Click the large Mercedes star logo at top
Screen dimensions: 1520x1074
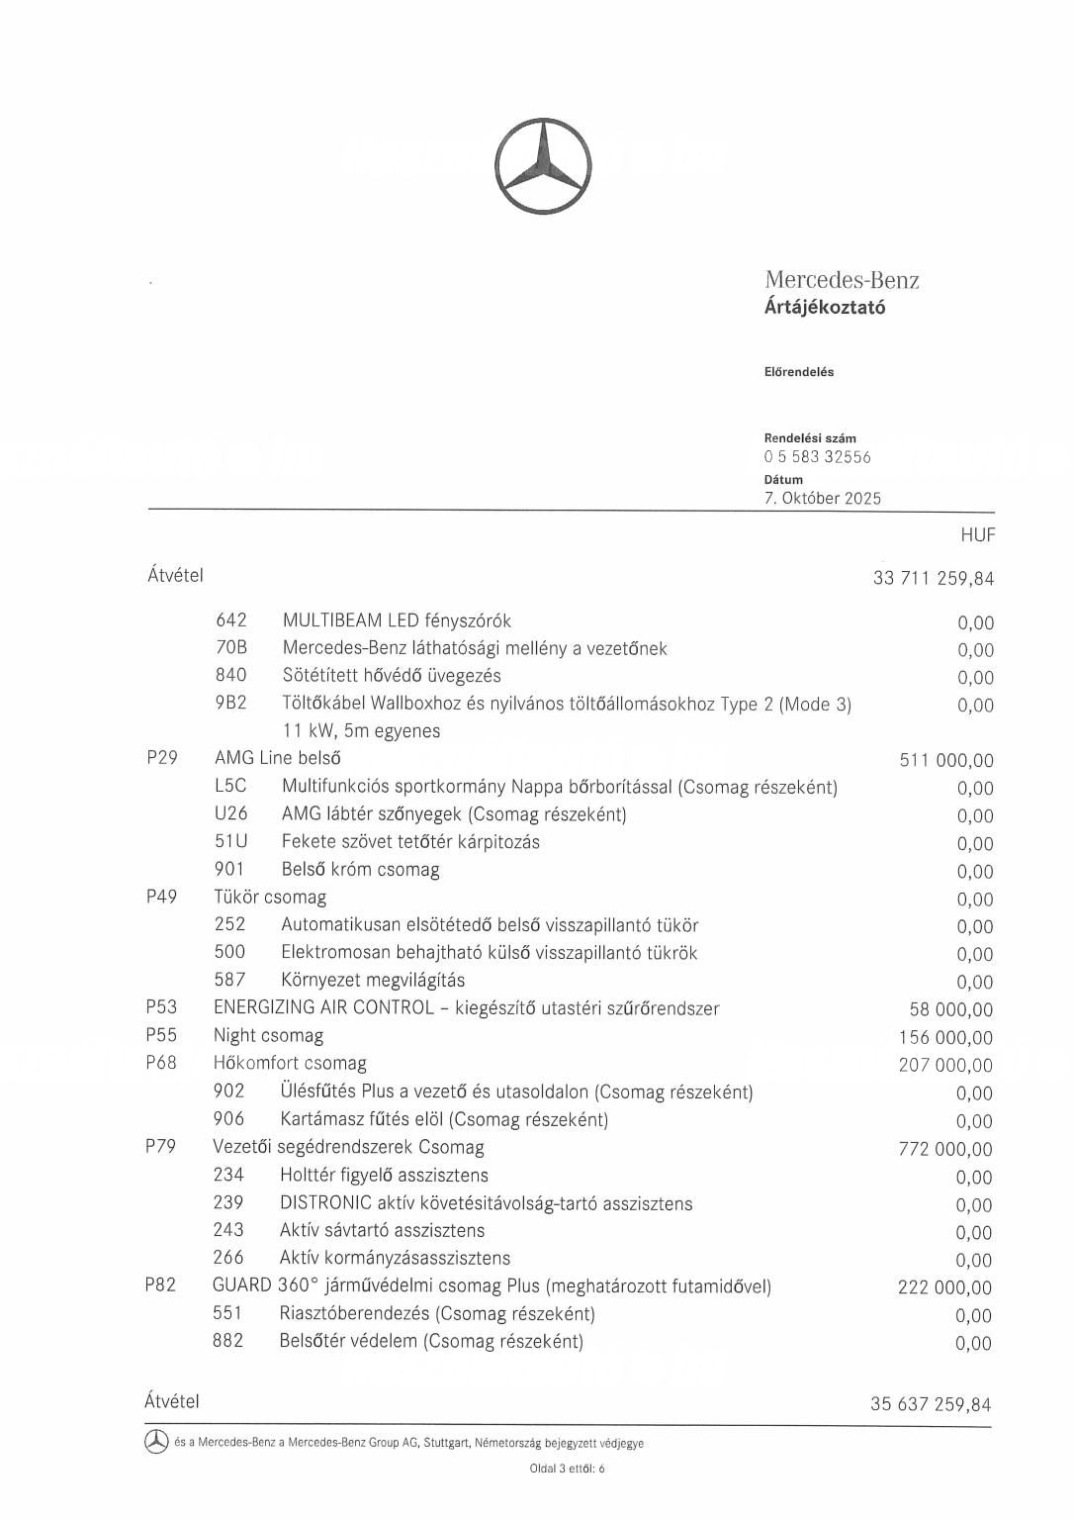point(543,167)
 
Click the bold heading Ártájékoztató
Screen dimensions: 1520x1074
point(825,307)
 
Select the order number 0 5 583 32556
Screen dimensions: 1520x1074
point(817,457)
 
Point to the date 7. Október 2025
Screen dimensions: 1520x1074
point(822,498)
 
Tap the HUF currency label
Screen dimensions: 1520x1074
point(977,535)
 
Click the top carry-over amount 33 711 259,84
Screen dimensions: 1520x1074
point(933,578)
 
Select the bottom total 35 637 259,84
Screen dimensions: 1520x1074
point(930,1404)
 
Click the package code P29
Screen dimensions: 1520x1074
point(162,759)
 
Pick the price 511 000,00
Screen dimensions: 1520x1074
point(946,761)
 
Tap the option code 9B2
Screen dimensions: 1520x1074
point(231,704)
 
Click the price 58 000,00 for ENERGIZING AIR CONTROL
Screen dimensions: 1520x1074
point(950,1010)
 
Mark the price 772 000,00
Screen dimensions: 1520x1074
point(944,1149)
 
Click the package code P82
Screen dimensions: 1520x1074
point(160,1285)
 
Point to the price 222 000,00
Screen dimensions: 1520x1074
point(944,1287)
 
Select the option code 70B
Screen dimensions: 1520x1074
point(231,648)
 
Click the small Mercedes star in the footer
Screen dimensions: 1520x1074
point(156,1443)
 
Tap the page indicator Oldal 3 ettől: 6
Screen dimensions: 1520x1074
point(567,1469)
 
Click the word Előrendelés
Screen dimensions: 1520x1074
point(799,372)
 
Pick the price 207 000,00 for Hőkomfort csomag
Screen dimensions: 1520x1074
point(944,1066)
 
